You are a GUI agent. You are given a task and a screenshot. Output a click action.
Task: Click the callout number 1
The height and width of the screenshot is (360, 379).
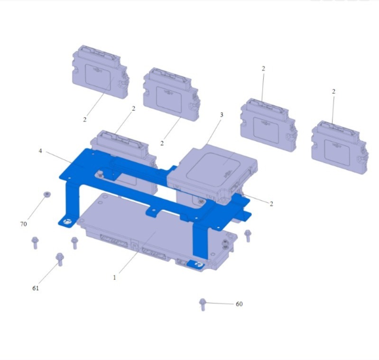point(115,277)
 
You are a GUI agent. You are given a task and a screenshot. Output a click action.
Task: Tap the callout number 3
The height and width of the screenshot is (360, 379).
point(222,114)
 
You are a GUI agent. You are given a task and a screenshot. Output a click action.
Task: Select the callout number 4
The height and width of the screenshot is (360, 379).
point(40,151)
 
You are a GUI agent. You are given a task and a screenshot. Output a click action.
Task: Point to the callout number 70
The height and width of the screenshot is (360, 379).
point(23,224)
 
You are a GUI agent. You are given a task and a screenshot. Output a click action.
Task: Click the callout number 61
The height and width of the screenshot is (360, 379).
point(36,288)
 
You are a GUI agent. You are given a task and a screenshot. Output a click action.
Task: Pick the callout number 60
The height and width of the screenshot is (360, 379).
point(239,304)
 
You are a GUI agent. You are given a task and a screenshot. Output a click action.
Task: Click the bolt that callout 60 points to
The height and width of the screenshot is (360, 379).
point(203,304)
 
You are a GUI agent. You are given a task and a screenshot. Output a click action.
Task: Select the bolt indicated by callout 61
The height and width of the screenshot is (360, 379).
point(60,259)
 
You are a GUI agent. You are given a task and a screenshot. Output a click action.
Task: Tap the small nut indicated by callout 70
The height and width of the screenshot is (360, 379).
point(47,194)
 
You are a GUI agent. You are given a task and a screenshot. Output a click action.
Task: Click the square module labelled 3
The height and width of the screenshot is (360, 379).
point(213,173)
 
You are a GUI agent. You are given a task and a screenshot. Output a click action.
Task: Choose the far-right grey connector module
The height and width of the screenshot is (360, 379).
point(340,147)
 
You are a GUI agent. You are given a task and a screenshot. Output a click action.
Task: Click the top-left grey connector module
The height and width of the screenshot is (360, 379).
point(100,72)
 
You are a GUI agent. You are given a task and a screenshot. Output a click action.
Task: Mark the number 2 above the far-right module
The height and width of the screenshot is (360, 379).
point(333,92)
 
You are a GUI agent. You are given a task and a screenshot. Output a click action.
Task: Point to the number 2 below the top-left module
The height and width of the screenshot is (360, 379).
point(84,120)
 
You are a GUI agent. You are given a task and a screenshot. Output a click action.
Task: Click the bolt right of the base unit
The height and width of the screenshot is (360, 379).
point(248,236)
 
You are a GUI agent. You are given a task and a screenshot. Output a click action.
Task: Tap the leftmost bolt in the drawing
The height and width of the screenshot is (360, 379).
point(35,243)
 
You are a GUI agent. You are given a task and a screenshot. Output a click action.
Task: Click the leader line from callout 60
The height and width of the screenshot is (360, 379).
point(220,303)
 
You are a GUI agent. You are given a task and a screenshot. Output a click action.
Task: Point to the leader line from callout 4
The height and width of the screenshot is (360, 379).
point(59,157)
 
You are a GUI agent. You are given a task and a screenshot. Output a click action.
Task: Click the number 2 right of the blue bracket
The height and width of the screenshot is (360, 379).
point(271,204)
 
